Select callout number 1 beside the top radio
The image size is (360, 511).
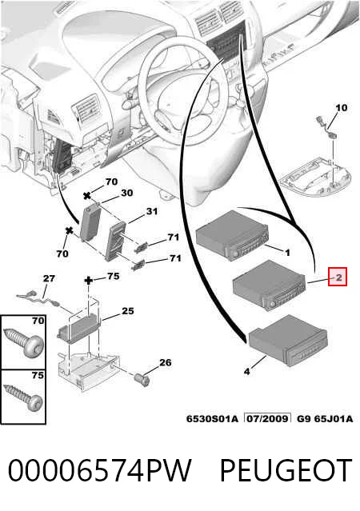coord(287,253)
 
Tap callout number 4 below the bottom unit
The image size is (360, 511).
coord(247,371)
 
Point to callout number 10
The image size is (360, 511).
coord(342,107)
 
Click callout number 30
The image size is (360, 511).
coord(127,193)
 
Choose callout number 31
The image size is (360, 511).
coord(152,211)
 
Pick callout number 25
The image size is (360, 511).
coord(128,311)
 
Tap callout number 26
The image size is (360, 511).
coord(166,362)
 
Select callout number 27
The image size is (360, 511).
coord(49,278)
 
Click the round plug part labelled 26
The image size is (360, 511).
coord(142,380)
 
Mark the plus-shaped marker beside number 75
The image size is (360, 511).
coord(89,280)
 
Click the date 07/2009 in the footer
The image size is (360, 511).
coord(268,418)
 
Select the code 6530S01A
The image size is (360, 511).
coord(212,418)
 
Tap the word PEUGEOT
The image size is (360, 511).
coord(286,470)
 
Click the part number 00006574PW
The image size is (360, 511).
coord(99,470)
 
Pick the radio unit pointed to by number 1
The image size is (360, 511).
coord(232,235)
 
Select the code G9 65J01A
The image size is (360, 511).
coord(325,418)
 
